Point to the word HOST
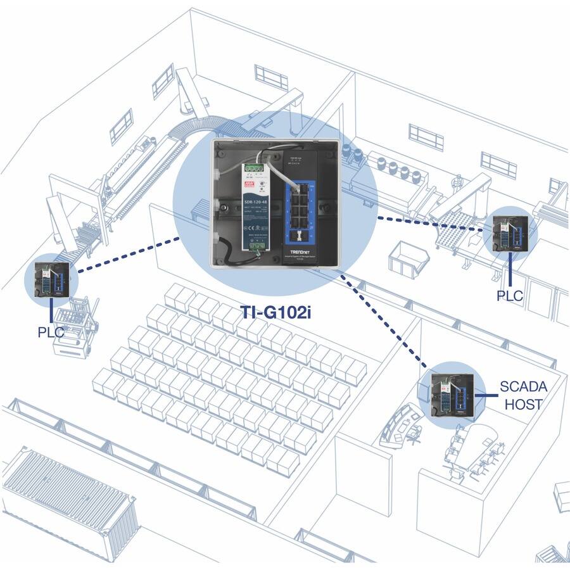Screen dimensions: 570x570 point(523,403)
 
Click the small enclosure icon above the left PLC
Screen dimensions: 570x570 point(51,279)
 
